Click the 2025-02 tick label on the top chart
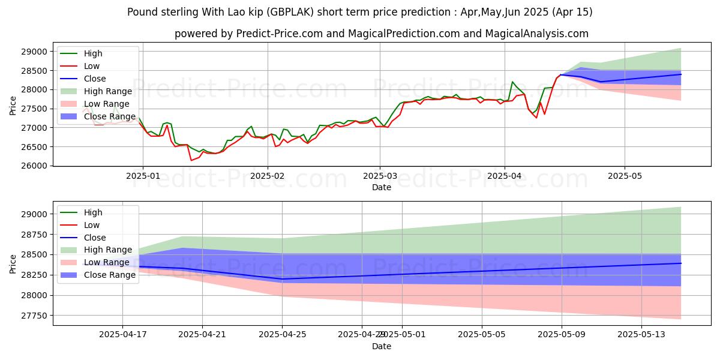tap(267, 176)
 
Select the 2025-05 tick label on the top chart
tap(625, 176)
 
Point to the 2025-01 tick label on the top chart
tap(142, 176)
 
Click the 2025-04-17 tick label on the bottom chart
tap(122, 335)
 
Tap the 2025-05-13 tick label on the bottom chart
tap(641, 335)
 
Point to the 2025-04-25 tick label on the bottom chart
tap(282, 335)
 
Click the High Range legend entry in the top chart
tap(108, 91)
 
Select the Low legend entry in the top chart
tap(92, 66)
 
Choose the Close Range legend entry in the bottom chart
tap(110, 275)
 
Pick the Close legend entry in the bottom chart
tap(95, 238)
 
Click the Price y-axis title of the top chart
tap(13, 106)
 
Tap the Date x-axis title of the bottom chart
tap(382, 346)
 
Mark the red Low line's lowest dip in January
tap(191, 160)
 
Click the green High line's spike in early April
tap(512, 82)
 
